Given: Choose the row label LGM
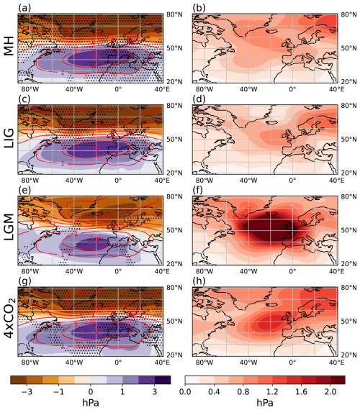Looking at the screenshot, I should pyautogui.click(x=11, y=230).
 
